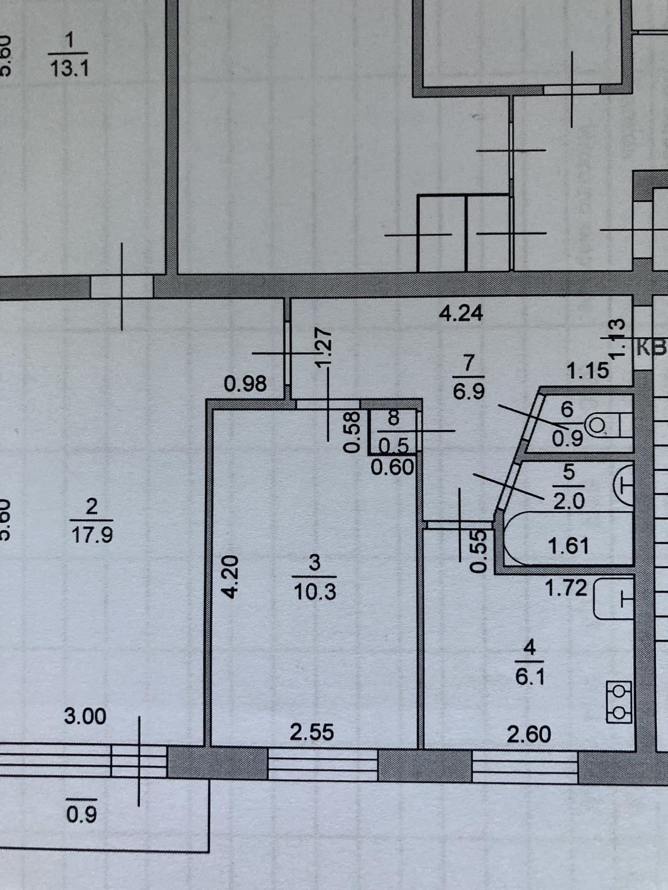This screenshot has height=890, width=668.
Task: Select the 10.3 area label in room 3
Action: (315, 592)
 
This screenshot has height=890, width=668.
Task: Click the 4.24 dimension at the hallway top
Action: (461, 313)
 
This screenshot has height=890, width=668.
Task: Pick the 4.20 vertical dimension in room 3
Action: (230, 576)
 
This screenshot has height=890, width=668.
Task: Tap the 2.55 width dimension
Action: (312, 732)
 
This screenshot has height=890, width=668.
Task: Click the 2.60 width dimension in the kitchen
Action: (528, 734)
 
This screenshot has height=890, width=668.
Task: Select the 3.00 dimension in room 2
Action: (85, 717)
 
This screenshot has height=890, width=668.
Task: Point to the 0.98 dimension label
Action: (245, 384)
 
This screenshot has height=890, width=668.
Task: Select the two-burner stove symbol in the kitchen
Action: (619, 702)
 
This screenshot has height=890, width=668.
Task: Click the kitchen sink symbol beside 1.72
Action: (614, 599)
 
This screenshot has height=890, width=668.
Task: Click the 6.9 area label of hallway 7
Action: (469, 391)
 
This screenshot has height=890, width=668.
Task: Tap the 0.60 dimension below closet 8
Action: (392, 467)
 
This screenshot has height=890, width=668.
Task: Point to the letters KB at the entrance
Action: (652, 348)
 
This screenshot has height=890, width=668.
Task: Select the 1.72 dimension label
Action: (566, 588)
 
